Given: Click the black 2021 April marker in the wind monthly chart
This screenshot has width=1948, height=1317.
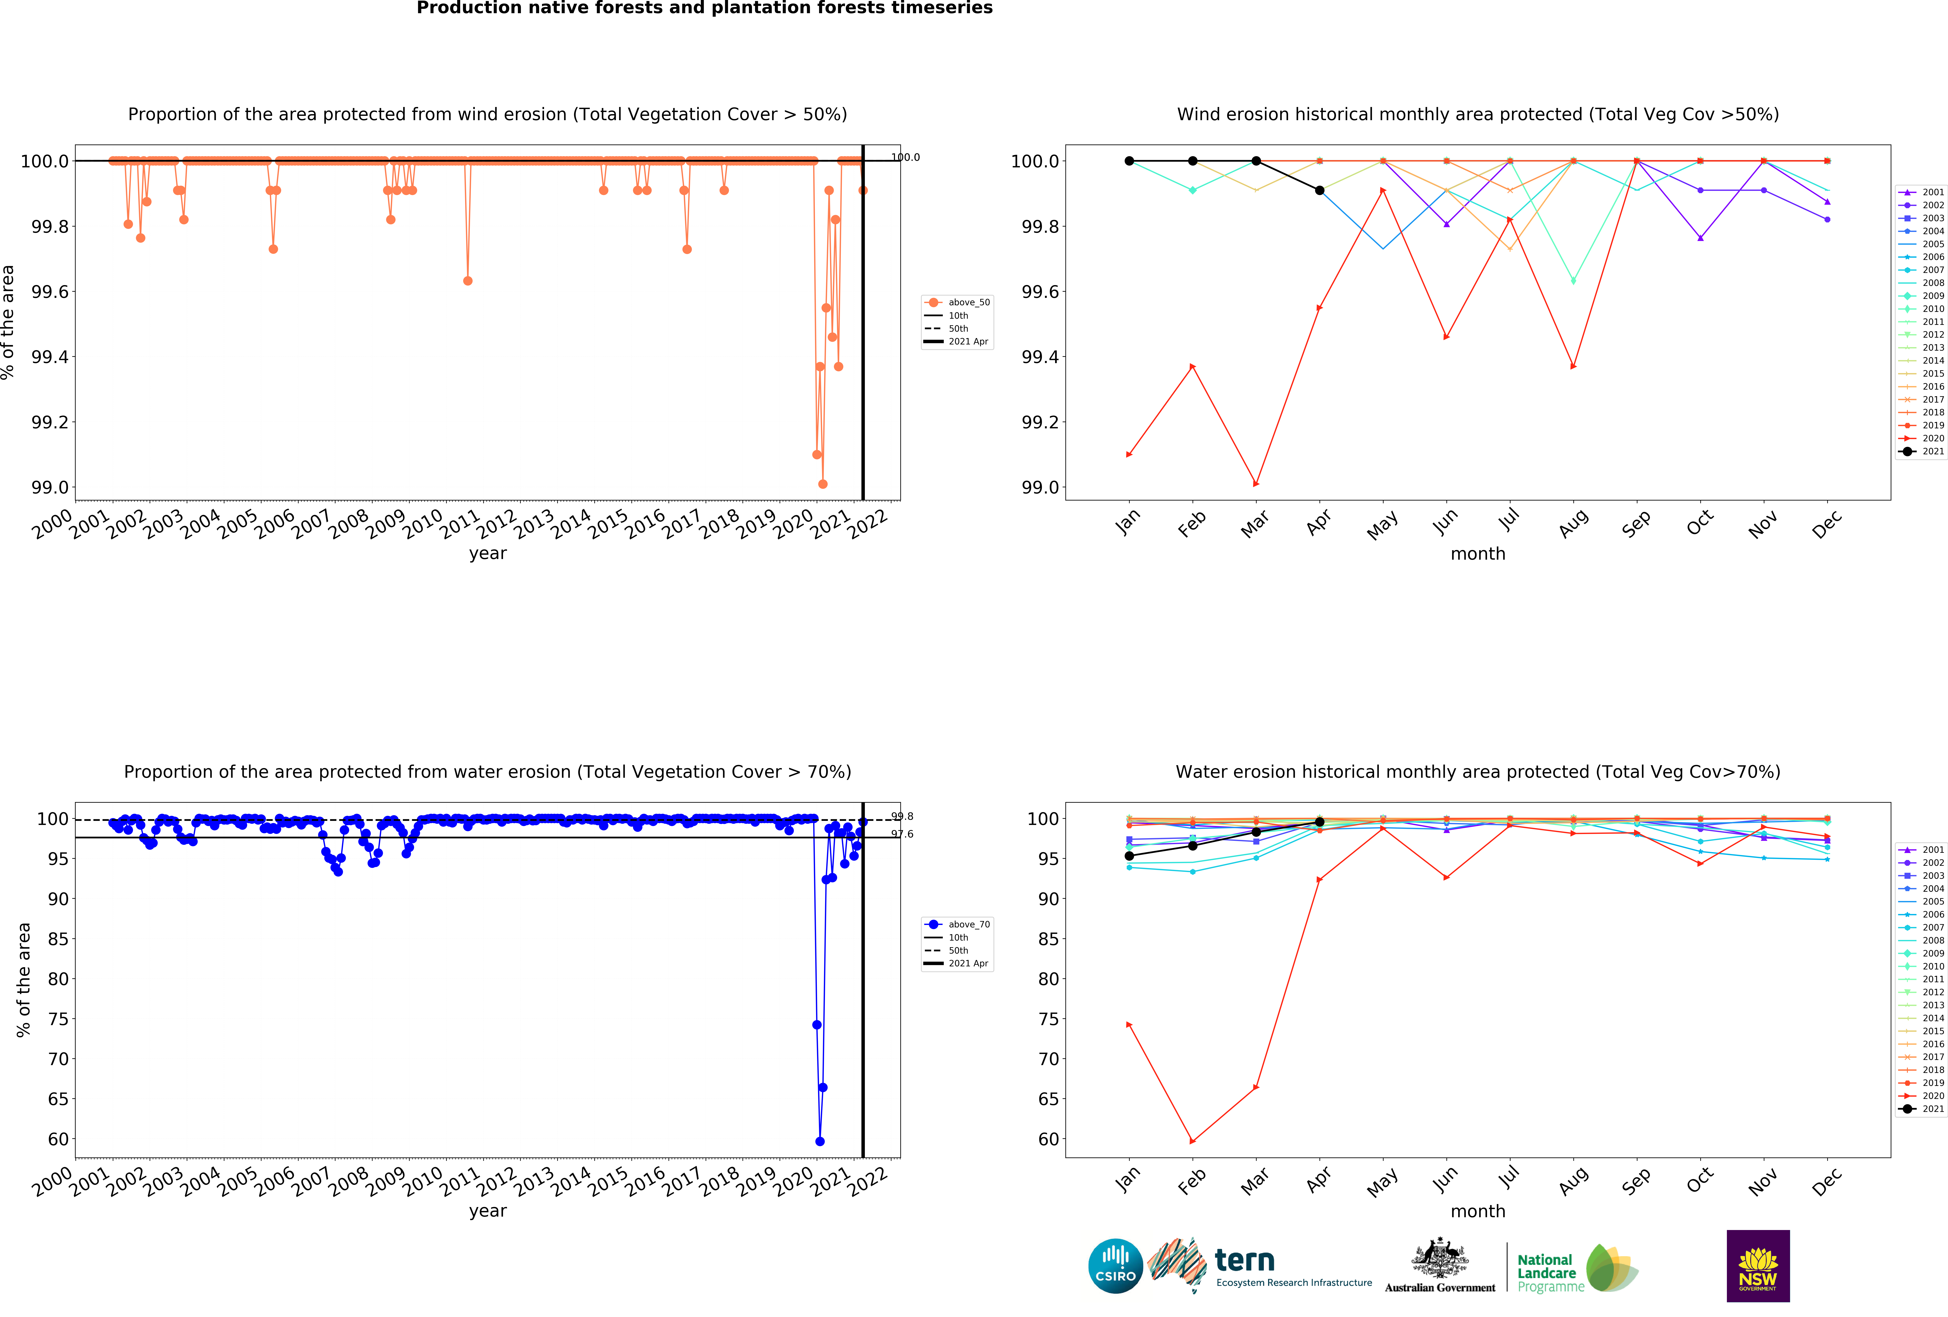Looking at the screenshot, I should click(1319, 190).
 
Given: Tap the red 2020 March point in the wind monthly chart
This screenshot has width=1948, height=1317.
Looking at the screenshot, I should click(1256, 484).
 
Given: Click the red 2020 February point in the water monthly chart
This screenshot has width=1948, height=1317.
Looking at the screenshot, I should click(1193, 1141).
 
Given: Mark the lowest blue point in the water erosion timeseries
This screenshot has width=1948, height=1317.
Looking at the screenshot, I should click(820, 1141).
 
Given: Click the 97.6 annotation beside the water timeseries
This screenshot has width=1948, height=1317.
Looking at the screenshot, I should click(902, 834).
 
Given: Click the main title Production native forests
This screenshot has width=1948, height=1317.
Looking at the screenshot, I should click(704, 8).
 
